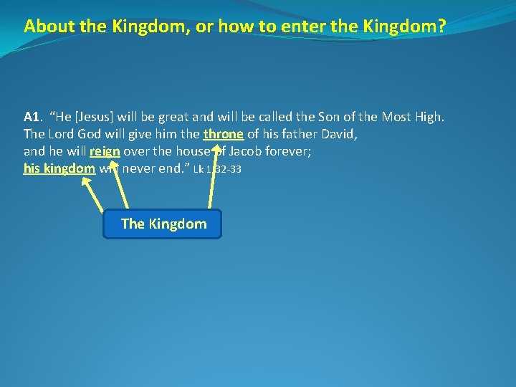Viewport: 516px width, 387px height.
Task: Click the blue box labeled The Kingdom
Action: [163, 224]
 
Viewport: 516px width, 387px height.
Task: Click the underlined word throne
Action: [224, 134]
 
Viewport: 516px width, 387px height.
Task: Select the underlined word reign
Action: [105, 151]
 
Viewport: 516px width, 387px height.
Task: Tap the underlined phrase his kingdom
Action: [59, 168]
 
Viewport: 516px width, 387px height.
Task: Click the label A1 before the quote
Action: [31, 116]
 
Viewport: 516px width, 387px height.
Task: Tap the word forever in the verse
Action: [305, 151]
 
